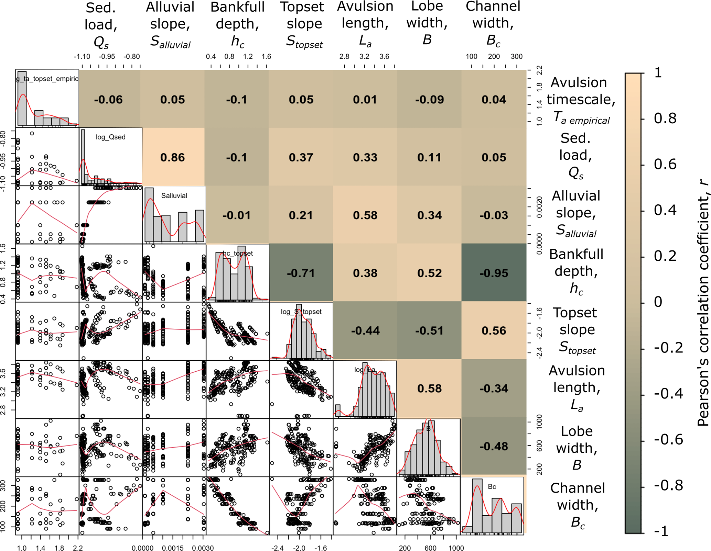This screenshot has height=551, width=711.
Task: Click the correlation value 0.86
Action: pos(172,157)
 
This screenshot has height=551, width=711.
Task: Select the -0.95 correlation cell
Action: pos(494,273)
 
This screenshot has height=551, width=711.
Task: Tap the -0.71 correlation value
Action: pos(301,273)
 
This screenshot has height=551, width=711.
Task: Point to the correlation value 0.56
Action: pos(494,330)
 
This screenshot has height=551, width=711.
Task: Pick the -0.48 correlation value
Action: pos(494,446)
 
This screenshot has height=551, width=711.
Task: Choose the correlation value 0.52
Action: pos(429,273)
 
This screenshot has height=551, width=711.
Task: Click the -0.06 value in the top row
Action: pos(108,100)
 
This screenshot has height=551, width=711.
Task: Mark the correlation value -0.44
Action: pos(365,330)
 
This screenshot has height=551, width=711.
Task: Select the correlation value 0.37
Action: pos(301,157)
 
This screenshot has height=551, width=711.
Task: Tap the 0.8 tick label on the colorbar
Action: pos(665,119)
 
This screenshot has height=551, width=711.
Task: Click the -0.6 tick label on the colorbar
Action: pos(668,440)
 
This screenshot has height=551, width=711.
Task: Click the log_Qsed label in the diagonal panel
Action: pos(110,137)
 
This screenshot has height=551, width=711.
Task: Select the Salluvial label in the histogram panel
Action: pos(174,195)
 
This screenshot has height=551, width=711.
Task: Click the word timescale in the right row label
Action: pos(581,99)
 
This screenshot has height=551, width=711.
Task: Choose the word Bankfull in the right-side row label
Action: pos(576,254)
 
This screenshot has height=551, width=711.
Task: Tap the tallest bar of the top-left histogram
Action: pos(22,98)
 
